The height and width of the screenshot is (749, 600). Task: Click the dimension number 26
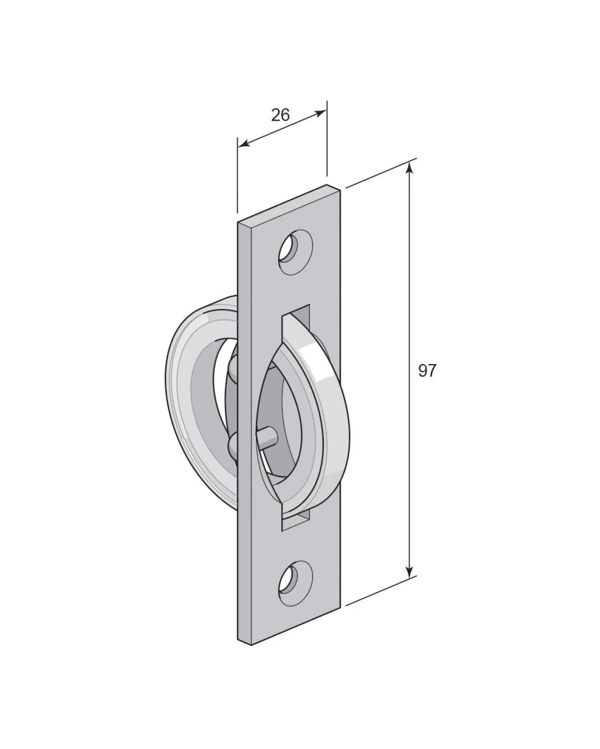click(x=281, y=115)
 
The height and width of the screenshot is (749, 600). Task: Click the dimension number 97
click(x=427, y=371)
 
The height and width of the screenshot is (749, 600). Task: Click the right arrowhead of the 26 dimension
click(x=321, y=113)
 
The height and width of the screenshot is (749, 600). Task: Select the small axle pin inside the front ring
click(x=266, y=436)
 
